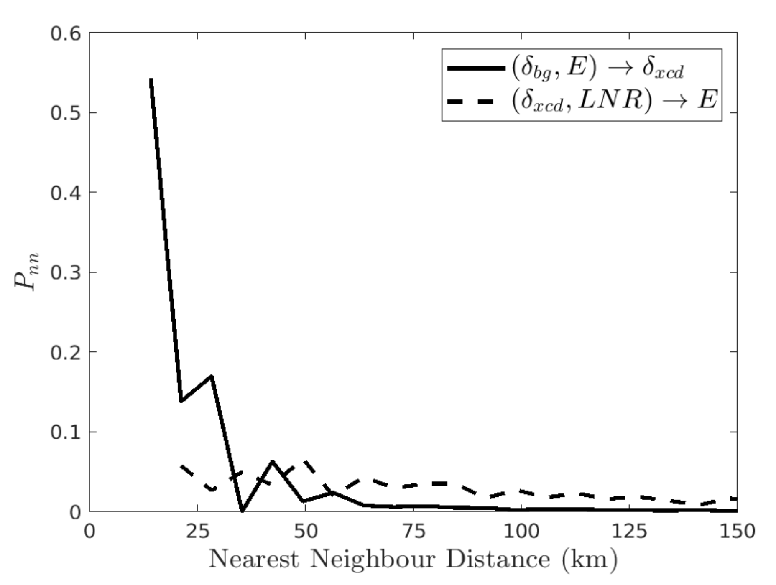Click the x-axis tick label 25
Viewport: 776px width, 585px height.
(197, 532)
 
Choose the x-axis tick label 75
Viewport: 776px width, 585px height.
(413, 532)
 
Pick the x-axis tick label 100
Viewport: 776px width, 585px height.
(521, 532)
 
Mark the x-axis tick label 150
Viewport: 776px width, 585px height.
(737, 532)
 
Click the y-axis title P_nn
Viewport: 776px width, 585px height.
(26, 272)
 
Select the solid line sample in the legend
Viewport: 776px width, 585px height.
(476, 68)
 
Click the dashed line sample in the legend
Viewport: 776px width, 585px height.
(476, 101)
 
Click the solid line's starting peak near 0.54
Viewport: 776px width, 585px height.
(151, 79)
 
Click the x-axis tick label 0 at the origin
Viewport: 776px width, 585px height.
(89, 532)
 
